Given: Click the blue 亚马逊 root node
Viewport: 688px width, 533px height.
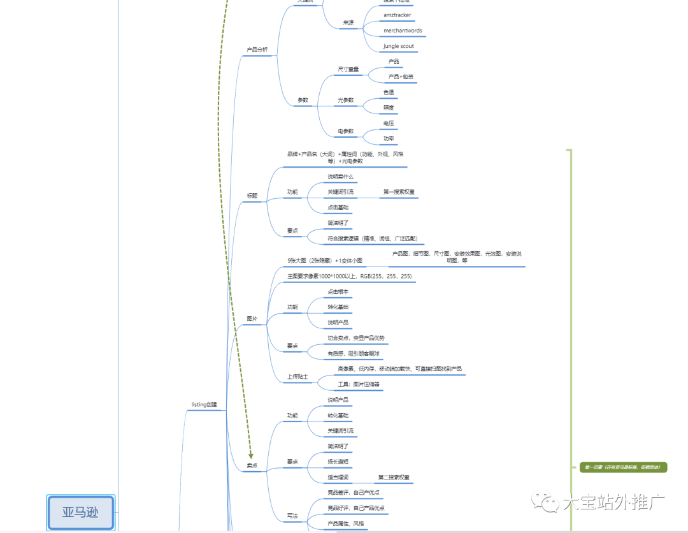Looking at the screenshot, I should [81, 512].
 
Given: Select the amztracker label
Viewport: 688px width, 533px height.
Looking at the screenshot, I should [397, 15].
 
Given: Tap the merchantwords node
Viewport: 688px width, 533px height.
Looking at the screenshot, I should [403, 31].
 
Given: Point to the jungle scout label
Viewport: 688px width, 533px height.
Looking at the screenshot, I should [398, 47].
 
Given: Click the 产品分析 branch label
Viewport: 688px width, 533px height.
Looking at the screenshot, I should [257, 50].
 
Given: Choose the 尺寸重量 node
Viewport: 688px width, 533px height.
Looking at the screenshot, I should [348, 69].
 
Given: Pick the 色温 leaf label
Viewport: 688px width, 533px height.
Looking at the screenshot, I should [389, 92].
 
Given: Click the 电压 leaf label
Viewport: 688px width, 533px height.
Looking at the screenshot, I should [389, 123].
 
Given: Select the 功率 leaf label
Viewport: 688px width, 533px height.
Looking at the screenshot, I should [389, 138].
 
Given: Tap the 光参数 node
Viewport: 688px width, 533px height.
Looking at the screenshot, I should [346, 101].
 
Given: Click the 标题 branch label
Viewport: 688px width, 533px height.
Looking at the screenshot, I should [252, 196].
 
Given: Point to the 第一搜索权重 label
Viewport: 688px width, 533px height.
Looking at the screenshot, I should [399, 192].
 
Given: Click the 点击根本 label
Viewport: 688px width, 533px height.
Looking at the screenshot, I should [338, 292].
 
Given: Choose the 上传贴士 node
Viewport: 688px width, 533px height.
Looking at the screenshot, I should [297, 377].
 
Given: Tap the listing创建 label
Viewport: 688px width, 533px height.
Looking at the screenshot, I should [204, 405].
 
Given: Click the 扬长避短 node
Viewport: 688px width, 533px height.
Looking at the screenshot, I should [338, 462].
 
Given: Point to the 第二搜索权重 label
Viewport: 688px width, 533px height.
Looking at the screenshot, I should [394, 478].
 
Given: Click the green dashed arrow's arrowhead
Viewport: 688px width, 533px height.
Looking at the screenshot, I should [251, 455].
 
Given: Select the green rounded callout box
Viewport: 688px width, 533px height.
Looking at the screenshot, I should [623, 467].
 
